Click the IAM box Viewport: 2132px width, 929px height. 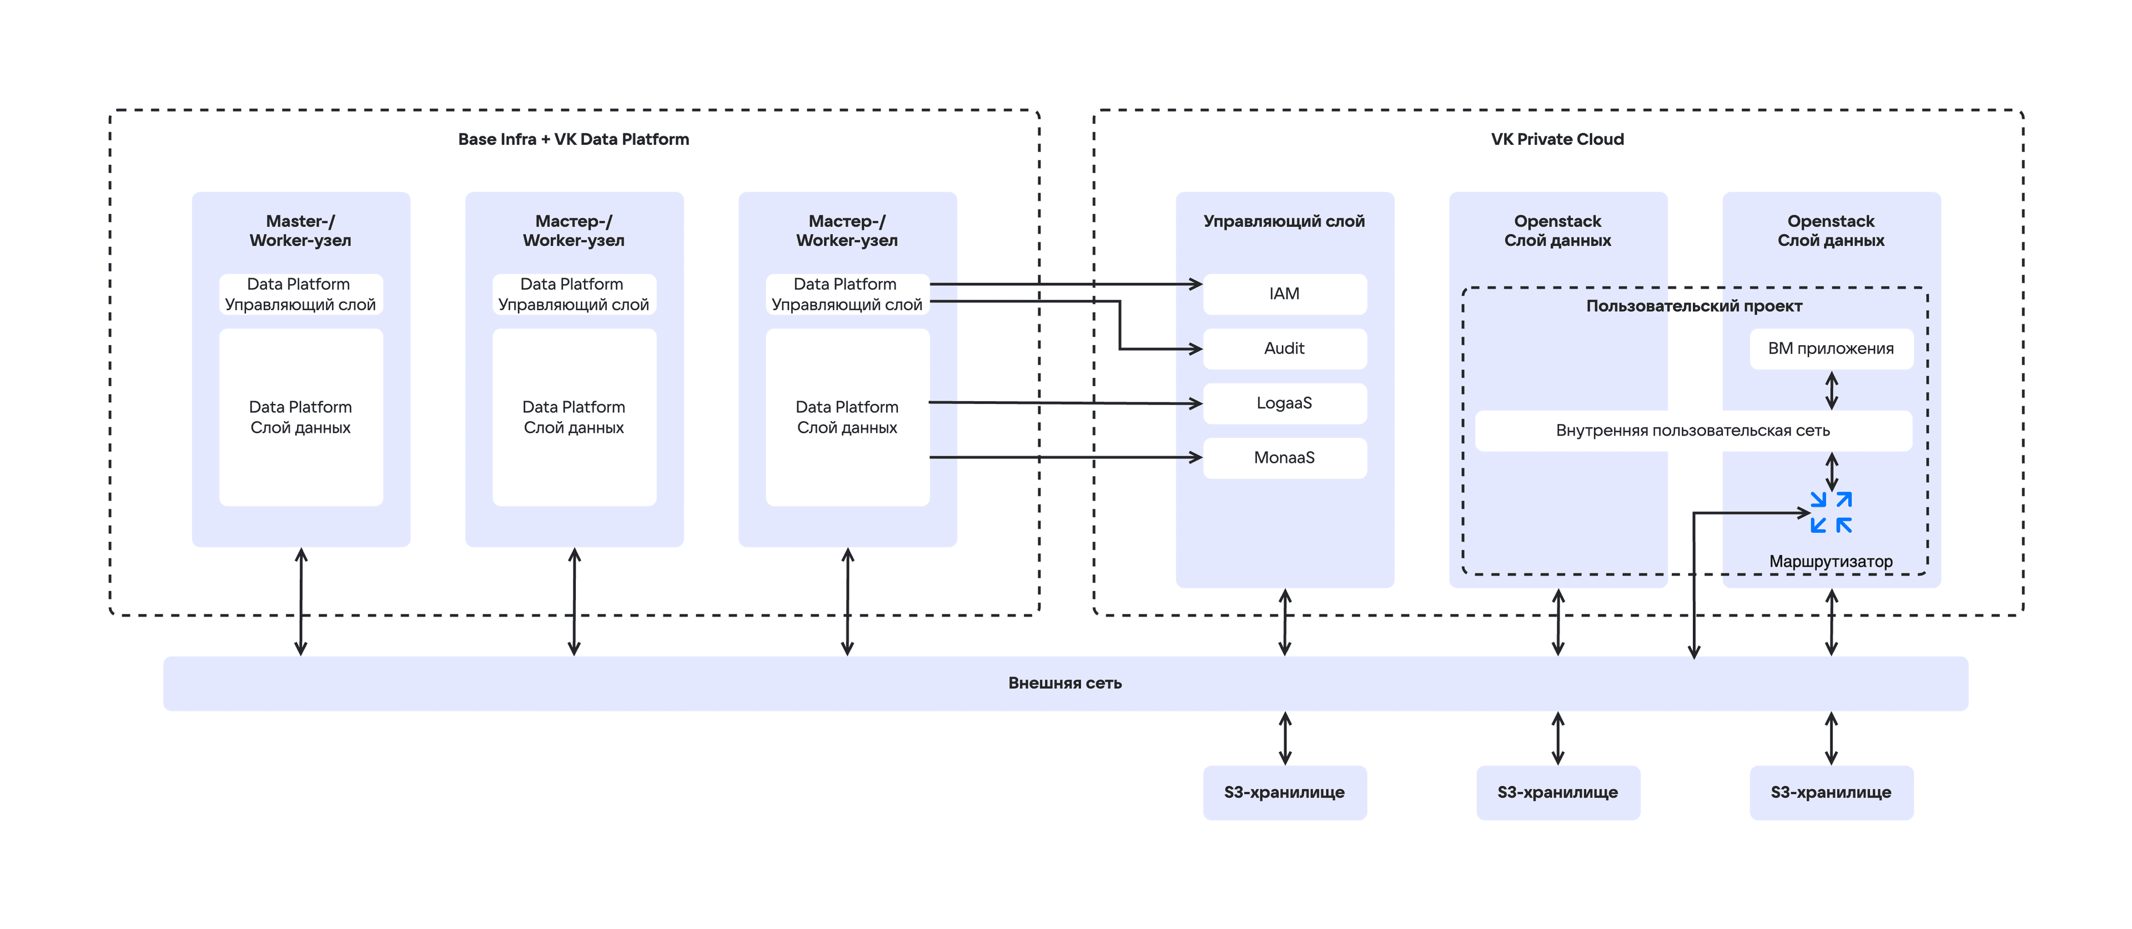[1285, 294]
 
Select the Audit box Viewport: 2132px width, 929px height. [1285, 349]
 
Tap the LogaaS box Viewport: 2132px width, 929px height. [1285, 403]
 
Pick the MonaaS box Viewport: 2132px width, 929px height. [1285, 457]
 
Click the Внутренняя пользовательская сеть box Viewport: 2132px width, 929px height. [1693, 430]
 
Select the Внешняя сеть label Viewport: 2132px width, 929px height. [1065, 683]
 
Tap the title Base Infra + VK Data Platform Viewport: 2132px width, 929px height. [574, 139]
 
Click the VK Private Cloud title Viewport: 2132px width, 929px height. [1557, 139]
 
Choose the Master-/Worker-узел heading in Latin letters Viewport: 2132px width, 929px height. [300, 231]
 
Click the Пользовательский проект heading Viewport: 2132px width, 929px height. [1694, 306]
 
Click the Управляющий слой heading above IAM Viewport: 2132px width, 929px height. [1285, 221]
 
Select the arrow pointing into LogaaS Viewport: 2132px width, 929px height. [1066, 403]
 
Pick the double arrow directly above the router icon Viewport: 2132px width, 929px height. [1832, 472]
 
